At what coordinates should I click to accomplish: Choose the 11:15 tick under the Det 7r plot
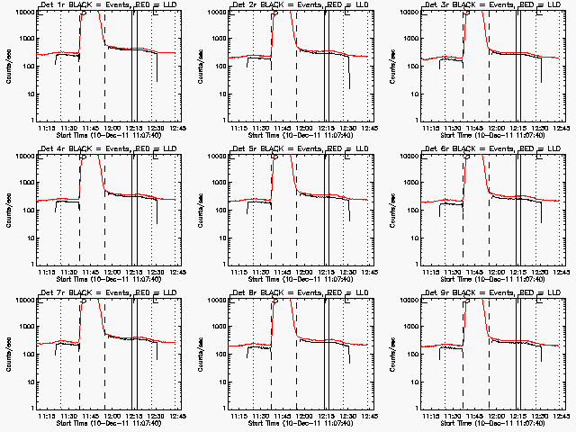point(49,416)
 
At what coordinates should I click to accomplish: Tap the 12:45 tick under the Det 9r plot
point(562,416)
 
